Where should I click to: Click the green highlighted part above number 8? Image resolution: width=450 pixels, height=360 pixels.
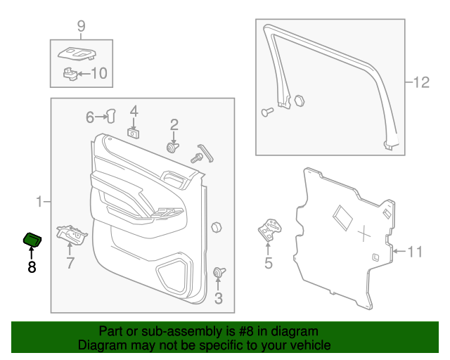coord(32,240)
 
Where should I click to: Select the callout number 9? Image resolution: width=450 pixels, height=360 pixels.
coord(82,26)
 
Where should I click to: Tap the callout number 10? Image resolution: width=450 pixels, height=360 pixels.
coord(99,74)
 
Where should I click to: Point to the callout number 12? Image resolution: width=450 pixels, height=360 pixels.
coord(421,82)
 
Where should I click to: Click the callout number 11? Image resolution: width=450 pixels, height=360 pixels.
coord(415,252)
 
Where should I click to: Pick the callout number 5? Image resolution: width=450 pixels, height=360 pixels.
coord(269,263)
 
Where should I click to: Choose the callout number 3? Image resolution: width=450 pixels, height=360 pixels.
coord(219,298)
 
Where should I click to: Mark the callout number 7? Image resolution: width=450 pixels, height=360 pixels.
coord(70,263)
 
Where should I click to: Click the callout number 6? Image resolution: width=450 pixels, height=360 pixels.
coord(90,117)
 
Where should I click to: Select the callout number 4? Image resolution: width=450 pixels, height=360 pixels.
coord(134,111)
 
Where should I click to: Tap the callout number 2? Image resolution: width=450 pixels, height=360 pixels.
coord(174,125)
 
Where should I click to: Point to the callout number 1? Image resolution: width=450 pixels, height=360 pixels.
coord(39,202)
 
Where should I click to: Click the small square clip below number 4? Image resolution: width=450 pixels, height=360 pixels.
coord(133,133)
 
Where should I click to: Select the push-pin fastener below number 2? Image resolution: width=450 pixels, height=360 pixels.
coord(172,148)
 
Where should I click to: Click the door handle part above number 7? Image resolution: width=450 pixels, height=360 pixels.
coord(72,235)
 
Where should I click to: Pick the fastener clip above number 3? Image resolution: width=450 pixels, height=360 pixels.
coord(219,272)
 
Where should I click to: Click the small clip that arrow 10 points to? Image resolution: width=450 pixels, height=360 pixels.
coord(70,74)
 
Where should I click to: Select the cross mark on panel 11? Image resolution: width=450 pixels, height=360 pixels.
coord(364,233)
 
